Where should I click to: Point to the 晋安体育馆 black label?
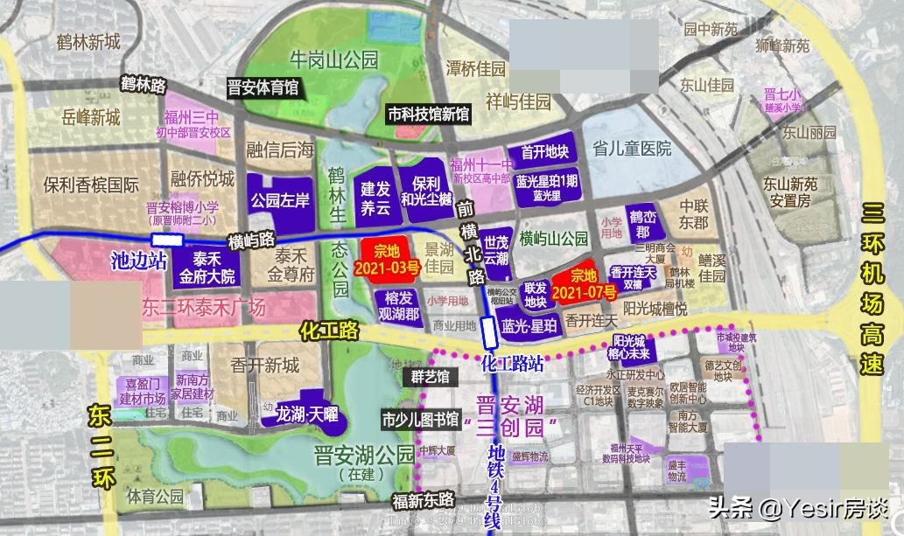263,87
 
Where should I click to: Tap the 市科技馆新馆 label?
429,114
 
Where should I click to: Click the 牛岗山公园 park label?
333,60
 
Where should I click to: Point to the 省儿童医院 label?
631,149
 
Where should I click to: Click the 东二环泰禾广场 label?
203,307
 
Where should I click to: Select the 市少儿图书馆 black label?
420,419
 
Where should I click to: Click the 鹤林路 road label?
144,85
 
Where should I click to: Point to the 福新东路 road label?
423,500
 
